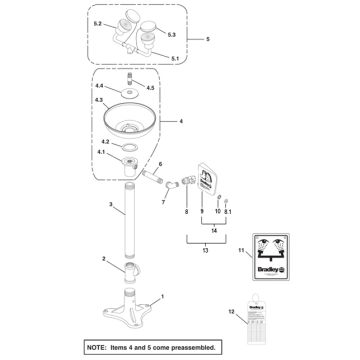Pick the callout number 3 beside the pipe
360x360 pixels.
click(110, 203)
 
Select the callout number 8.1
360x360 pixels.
click(229, 212)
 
